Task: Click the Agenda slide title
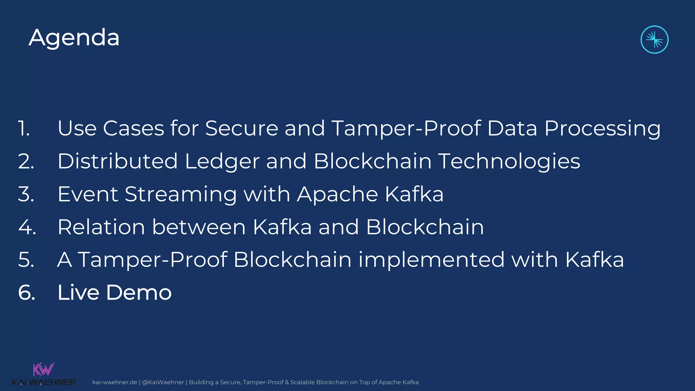point(74,38)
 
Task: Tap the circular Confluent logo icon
point(654,40)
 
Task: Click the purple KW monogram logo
point(43,369)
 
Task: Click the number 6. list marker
point(27,293)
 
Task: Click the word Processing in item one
point(602,129)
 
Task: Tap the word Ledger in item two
point(222,161)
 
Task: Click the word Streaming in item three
point(181,194)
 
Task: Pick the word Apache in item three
point(337,194)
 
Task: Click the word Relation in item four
point(101,227)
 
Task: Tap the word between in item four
point(199,227)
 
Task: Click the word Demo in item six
point(139,293)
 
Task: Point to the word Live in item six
point(78,293)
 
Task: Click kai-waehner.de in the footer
point(115,382)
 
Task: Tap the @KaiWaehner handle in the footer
point(163,382)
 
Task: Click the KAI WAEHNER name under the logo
point(43,383)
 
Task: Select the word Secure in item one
point(242,129)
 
